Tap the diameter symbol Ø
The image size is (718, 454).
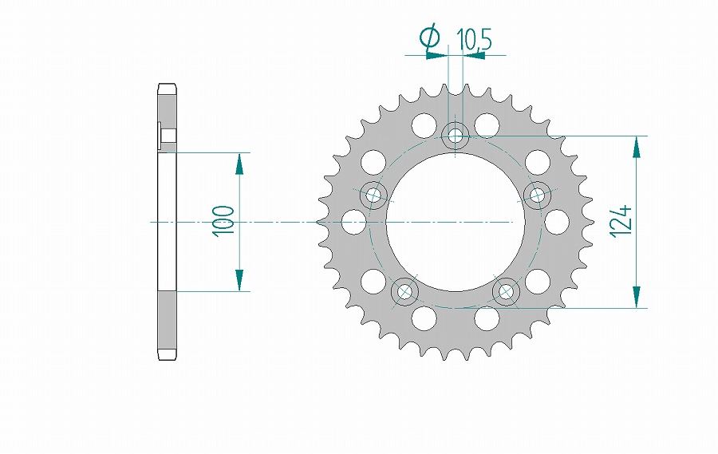click(x=430, y=38)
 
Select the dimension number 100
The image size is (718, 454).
click(x=223, y=221)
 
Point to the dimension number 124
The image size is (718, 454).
click(x=621, y=222)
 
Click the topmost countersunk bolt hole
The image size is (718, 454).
click(x=456, y=136)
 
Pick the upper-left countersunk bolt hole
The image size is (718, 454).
click(x=373, y=195)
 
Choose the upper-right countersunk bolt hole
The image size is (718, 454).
click(x=537, y=195)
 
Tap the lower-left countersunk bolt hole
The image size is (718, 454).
click(x=404, y=291)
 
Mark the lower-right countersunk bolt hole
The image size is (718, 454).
click(x=506, y=291)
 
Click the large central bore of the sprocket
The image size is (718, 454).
click(x=456, y=222)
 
